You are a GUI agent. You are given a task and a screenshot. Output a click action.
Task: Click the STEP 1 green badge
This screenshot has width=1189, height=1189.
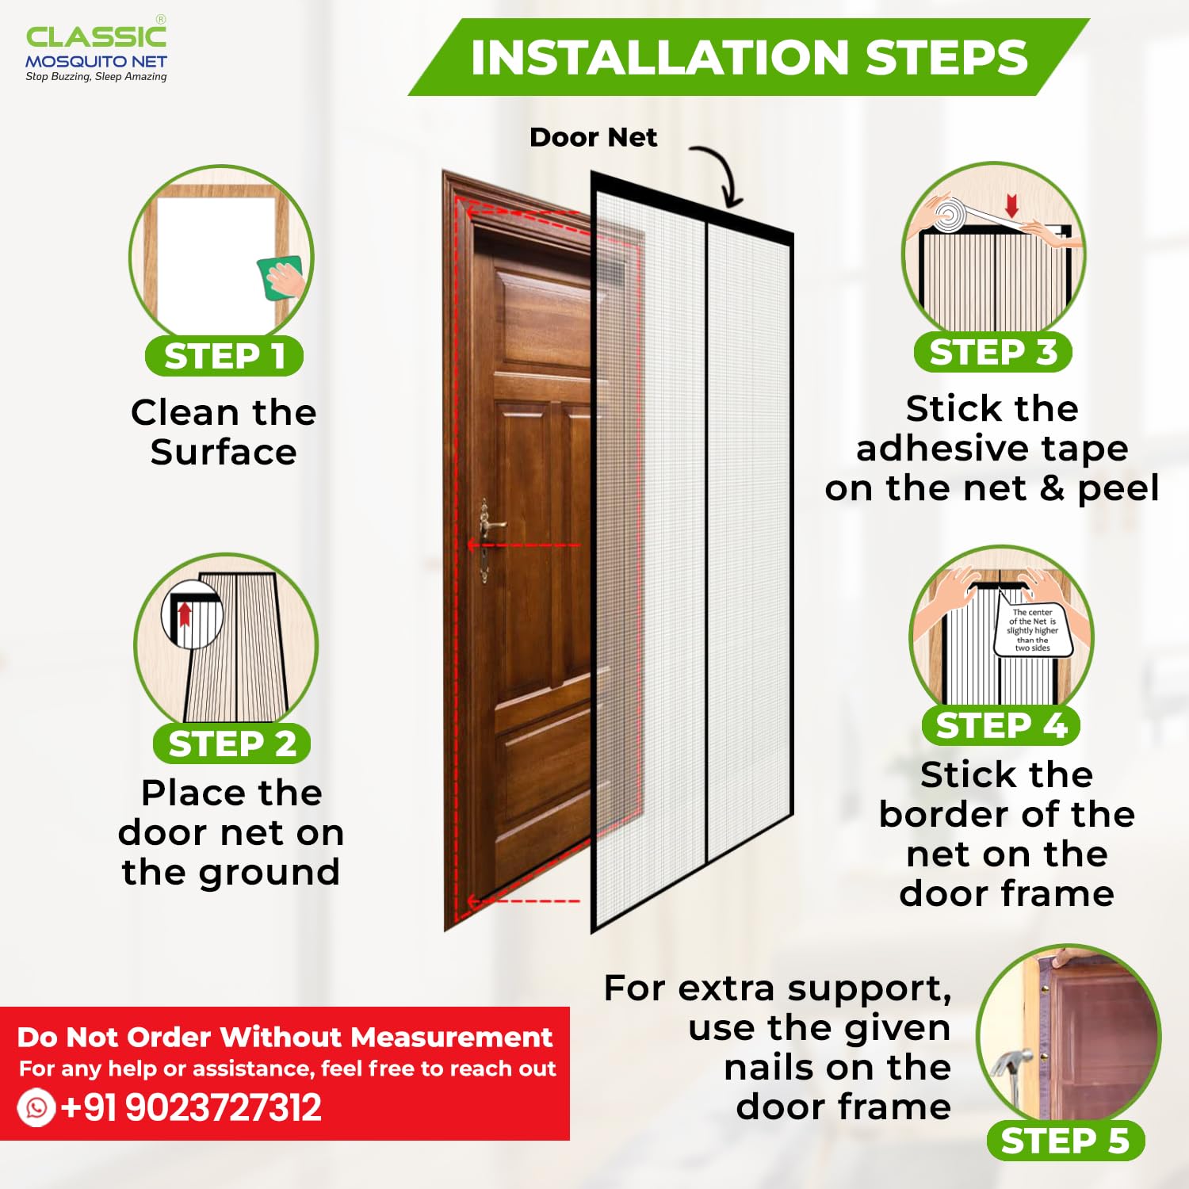point(224,356)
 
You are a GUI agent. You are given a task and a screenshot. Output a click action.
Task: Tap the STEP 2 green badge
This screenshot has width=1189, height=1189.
point(231,744)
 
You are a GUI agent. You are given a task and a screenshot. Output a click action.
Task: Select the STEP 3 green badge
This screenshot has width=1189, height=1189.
point(992,352)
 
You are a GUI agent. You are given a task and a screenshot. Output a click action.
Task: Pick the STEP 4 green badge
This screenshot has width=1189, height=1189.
point(1001,725)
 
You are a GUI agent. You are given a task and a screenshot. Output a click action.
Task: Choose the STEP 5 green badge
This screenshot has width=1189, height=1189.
point(1065,1141)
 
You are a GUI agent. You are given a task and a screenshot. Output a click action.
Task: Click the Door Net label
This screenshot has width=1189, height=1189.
point(593,137)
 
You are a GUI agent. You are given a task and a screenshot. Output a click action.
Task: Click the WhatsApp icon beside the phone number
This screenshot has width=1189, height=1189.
point(36,1107)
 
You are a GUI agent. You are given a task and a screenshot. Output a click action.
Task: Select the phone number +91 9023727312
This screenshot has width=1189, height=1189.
point(191,1107)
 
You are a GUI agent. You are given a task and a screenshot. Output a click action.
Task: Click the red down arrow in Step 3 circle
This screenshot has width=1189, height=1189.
point(1011,205)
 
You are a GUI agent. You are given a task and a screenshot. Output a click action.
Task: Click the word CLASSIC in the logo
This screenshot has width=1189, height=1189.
point(96,36)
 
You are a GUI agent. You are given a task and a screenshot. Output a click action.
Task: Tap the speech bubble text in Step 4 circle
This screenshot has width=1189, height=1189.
point(1033,630)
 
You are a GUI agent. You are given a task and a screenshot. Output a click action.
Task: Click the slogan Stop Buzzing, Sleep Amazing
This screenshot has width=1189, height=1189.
point(96,77)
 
